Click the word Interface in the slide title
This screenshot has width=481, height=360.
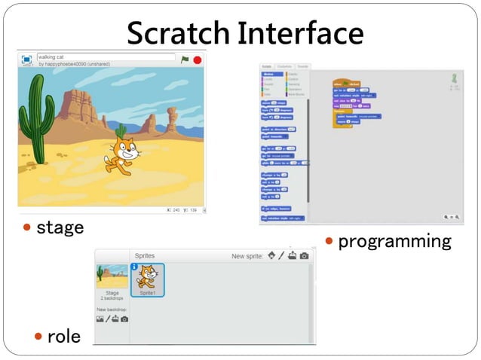tap(301, 32)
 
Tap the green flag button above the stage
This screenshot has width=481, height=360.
tap(185, 59)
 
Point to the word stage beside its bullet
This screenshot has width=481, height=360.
tap(60, 227)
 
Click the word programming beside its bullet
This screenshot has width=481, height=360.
tap(394, 242)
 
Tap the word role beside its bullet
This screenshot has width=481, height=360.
tap(63, 336)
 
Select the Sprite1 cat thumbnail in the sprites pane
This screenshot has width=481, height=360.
tap(147, 279)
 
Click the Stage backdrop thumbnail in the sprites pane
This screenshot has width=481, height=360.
tap(112, 277)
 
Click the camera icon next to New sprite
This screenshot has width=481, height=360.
tap(305, 256)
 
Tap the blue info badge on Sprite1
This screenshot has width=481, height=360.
tap(135, 267)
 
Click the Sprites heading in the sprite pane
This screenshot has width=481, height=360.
tap(144, 256)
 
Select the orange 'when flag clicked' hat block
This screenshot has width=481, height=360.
tap(347, 83)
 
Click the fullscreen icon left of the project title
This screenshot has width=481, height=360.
tap(26, 59)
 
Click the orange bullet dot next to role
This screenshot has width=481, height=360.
tap(38, 336)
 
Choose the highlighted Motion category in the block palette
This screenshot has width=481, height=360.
tap(270, 74)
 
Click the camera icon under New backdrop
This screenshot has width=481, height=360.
tap(124, 319)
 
